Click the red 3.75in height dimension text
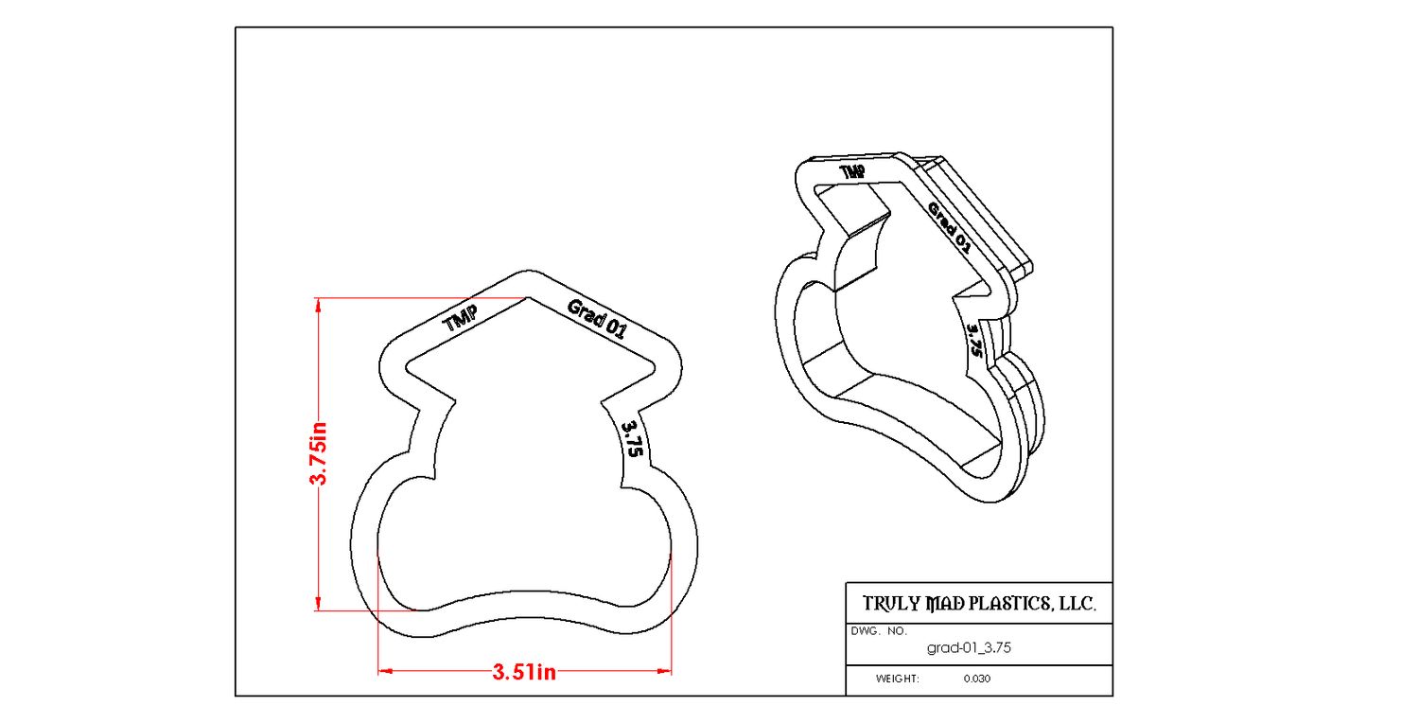[x=319, y=454]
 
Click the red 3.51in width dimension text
[x=524, y=672]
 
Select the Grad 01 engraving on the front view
[x=597, y=318]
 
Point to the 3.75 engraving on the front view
[x=632, y=439]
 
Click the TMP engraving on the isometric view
[x=852, y=172]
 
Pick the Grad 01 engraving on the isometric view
[x=948, y=227]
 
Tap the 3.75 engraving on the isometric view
[x=975, y=340]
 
